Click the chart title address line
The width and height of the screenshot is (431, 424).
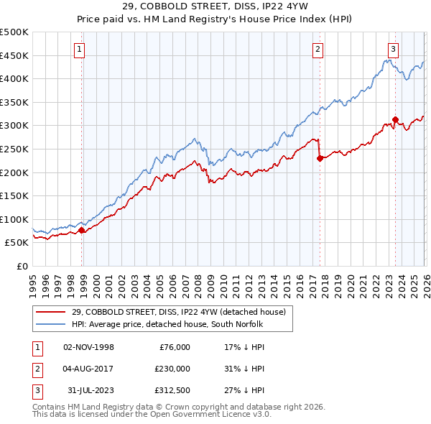click(215, 7)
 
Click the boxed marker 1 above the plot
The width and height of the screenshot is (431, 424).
click(80, 50)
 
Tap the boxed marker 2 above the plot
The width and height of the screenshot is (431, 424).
click(318, 50)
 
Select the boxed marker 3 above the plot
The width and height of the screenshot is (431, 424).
click(394, 50)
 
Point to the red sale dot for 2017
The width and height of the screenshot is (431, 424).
click(320, 159)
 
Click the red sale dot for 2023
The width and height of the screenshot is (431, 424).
click(395, 120)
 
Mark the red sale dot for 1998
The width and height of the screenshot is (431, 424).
click(82, 231)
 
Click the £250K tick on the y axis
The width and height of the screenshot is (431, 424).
click(14, 149)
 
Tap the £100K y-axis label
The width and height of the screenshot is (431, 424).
click(14, 219)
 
